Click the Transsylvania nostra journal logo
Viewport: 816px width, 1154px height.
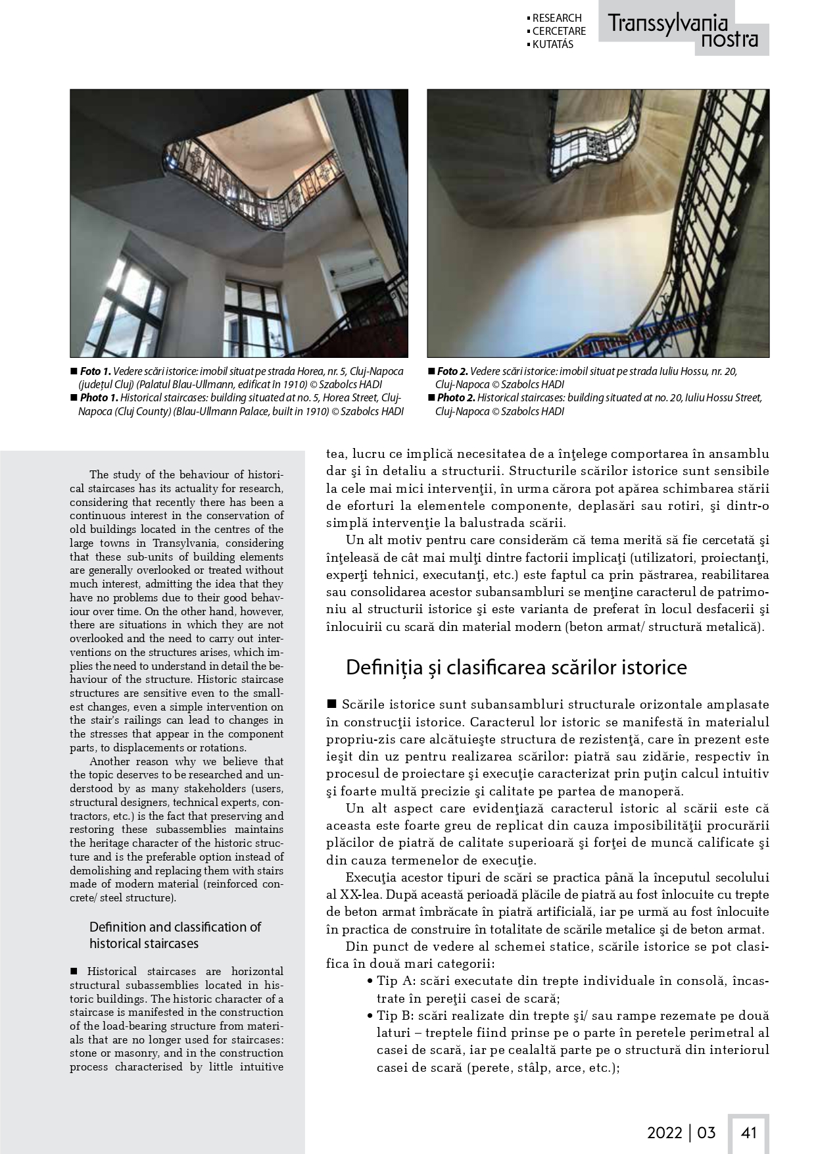click(x=683, y=31)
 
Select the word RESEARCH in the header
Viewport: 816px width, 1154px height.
click(x=557, y=18)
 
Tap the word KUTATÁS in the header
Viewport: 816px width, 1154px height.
click(x=552, y=44)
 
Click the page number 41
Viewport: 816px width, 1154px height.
click(x=749, y=1132)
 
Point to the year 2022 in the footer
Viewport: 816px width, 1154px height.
click(x=665, y=1132)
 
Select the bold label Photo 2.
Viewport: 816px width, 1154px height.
click(x=456, y=398)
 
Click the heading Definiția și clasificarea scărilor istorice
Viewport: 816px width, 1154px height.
click(x=516, y=667)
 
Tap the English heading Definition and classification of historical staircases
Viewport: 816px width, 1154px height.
click(x=175, y=935)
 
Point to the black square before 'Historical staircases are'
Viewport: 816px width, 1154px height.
click(x=74, y=971)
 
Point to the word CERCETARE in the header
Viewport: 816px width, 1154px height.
click(x=559, y=31)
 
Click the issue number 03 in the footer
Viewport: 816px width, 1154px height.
click(x=706, y=1132)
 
